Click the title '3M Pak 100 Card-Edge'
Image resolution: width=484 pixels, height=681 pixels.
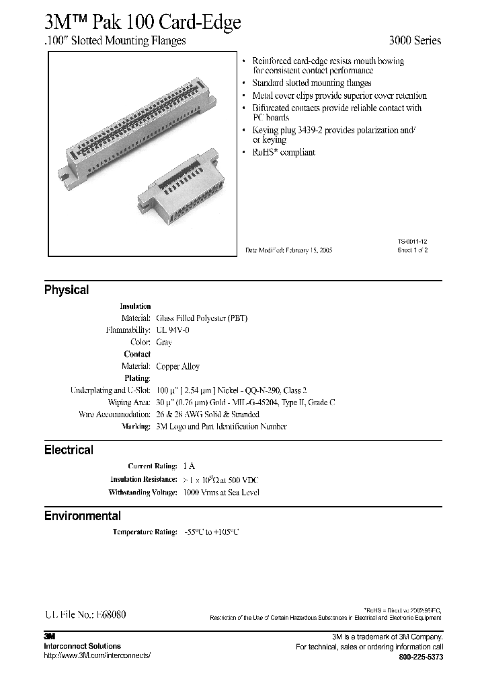142,21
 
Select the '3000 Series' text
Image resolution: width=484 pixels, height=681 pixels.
415,40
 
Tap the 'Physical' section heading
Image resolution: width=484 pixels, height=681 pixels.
67,290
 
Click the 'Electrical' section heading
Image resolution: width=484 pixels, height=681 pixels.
69,450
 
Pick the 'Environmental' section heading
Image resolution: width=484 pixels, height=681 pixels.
83,516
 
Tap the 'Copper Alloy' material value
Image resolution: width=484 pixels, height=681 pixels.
178,367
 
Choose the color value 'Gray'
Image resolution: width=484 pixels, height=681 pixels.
164,343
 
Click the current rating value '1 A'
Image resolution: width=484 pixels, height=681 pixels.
189,466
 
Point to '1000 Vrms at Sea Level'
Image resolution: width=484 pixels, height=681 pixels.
221,493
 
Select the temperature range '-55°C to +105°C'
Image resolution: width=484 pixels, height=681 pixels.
210,532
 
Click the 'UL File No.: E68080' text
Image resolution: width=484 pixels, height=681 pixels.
85,615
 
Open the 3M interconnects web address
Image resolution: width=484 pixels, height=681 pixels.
97,655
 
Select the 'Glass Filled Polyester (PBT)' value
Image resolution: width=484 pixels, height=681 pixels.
202,318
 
